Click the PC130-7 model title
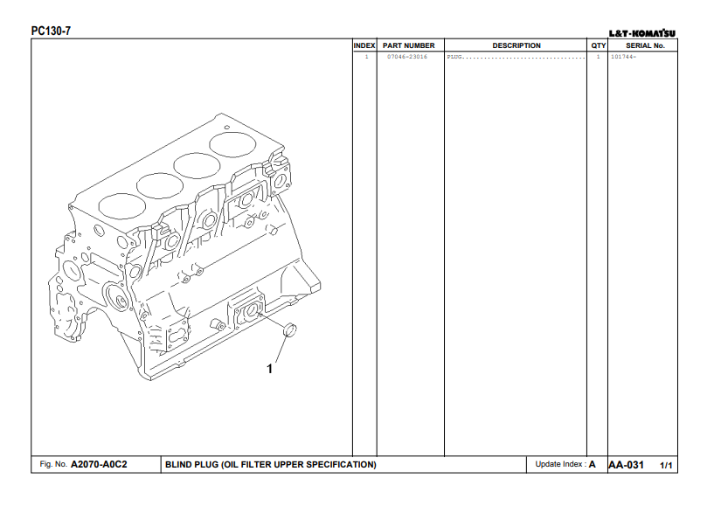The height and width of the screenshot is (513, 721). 51,31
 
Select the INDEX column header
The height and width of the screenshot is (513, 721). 364,45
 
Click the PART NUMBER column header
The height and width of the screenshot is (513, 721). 408,45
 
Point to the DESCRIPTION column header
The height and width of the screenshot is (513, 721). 516,45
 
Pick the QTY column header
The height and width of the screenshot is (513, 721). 598,45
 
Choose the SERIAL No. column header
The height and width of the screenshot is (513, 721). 645,45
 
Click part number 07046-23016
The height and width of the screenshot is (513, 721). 407,57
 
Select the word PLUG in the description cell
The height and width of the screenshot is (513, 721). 454,57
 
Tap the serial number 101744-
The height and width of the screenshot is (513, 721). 623,57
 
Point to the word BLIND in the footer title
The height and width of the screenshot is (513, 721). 178,464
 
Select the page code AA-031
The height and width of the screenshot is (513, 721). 626,465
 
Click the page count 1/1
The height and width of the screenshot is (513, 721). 667,465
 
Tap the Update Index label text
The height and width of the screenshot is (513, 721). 560,464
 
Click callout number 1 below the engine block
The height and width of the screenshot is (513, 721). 269,369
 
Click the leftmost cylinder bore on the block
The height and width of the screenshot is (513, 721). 119,205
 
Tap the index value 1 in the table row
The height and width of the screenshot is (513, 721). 366,57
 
